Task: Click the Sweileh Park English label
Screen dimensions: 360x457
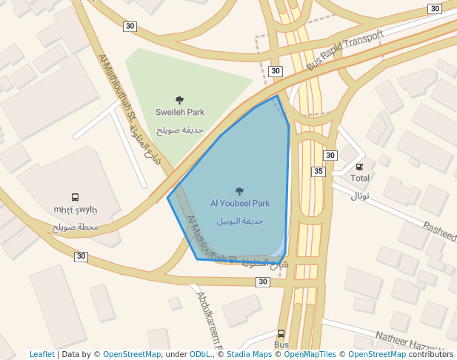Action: [x=179, y=113]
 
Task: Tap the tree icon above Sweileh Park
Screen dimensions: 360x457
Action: [x=179, y=99]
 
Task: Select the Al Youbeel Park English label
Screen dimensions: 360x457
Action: [x=239, y=203]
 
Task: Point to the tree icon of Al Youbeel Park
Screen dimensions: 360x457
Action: [x=239, y=190]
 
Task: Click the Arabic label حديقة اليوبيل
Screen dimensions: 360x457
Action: [x=239, y=221]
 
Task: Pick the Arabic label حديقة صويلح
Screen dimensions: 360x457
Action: [x=179, y=130]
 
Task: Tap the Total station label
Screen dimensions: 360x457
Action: [x=360, y=179]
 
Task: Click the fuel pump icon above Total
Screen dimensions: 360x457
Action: [x=360, y=167]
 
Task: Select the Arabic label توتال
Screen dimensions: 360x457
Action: [x=360, y=196]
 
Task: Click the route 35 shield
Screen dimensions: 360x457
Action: [x=318, y=172]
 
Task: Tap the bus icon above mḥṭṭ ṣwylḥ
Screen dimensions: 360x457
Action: [x=75, y=198]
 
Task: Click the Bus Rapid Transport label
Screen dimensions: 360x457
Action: [x=345, y=50]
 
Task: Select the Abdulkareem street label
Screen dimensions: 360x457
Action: [x=210, y=321]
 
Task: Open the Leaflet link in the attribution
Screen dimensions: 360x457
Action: [x=41, y=355]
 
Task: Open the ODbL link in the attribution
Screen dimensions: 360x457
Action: [x=200, y=355]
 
